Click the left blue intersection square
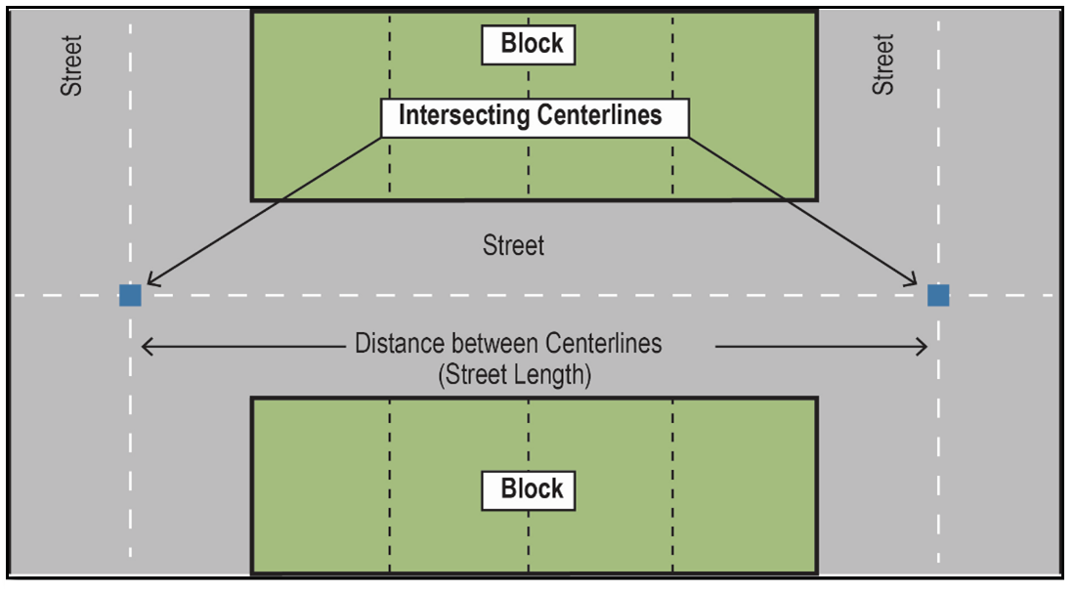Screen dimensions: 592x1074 point(130,295)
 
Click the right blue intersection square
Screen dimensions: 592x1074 point(938,295)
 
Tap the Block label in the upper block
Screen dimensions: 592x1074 point(532,43)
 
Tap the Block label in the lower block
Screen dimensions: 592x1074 point(532,488)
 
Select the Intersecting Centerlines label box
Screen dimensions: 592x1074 point(535,117)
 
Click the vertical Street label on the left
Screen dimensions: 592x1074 point(72,66)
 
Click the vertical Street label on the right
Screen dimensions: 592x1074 point(883,64)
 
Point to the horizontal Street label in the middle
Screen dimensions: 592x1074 point(513,244)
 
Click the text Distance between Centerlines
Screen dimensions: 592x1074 point(508,344)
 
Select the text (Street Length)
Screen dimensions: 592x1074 point(514,374)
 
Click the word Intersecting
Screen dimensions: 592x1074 point(463,116)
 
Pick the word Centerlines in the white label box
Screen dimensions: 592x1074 point(599,116)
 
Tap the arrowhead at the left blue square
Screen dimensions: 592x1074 point(149,283)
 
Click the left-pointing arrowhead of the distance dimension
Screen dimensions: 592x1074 point(148,345)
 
